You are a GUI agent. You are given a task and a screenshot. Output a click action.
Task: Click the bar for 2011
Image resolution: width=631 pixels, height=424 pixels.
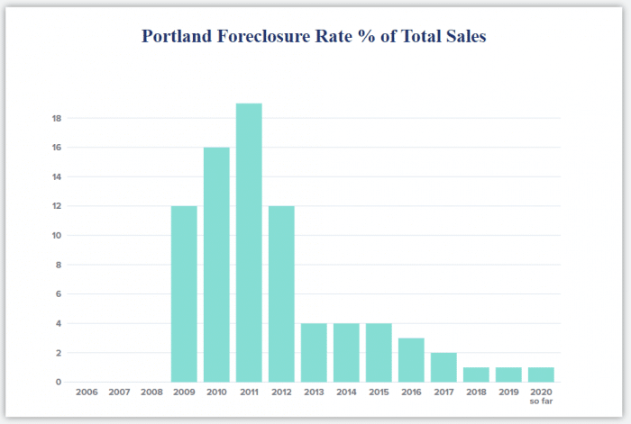coord(249,243)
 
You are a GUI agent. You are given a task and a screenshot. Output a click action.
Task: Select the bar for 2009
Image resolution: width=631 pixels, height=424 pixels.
coord(184,294)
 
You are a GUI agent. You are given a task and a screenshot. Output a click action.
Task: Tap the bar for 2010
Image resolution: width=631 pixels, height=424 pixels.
coord(216,265)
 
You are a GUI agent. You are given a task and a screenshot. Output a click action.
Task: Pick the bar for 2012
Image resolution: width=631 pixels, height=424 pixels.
coord(281,294)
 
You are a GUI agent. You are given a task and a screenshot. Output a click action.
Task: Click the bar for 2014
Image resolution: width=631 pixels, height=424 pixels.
coord(346,353)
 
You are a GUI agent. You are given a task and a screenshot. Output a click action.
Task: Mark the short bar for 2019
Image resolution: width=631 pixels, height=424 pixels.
coord(508,374)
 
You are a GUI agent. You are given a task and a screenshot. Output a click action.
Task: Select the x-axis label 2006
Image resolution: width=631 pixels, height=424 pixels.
coord(87,392)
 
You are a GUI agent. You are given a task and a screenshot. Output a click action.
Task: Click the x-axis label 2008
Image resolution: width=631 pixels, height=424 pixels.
coord(151,392)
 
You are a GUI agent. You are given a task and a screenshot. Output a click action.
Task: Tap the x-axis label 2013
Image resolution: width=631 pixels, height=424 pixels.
coord(314,392)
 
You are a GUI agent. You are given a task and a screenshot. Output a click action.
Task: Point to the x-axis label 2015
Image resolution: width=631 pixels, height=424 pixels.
coord(379,392)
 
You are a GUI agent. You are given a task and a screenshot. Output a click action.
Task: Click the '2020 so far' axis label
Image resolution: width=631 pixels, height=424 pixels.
coord(541,396)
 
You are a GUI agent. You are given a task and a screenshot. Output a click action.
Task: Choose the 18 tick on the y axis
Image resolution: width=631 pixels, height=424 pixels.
coord(56,118)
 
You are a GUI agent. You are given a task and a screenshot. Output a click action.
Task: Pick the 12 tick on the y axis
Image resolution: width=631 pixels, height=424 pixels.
coord(56,206)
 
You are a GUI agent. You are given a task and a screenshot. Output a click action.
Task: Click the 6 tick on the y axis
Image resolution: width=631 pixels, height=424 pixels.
coord(58,294)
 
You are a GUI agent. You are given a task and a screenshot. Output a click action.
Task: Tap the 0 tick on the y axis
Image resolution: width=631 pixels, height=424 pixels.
coord(58,382)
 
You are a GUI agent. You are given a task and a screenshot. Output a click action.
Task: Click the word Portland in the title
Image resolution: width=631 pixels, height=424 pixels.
coord(180,37)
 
